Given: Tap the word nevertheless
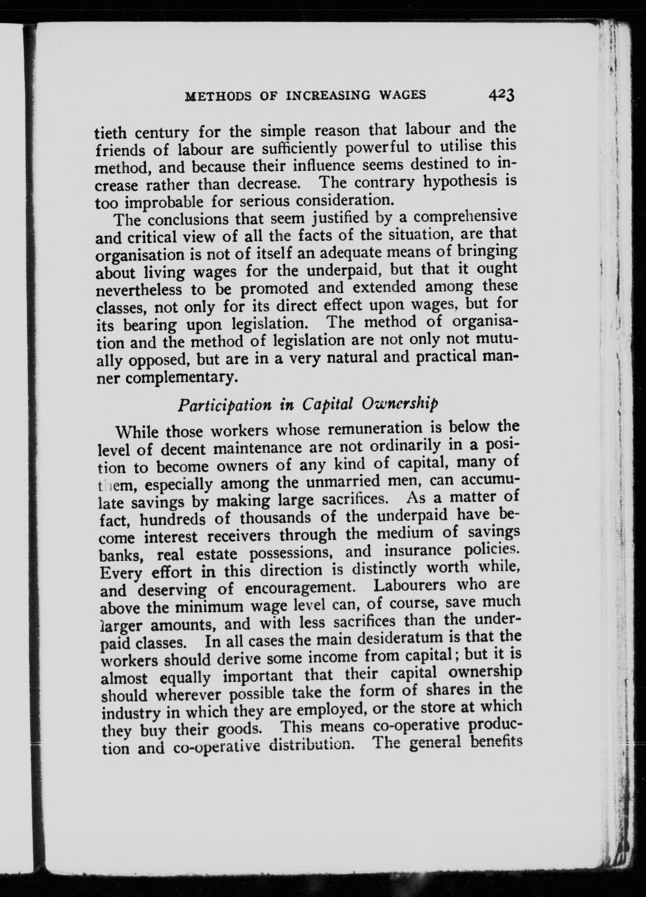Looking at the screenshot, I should pos(139,290).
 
